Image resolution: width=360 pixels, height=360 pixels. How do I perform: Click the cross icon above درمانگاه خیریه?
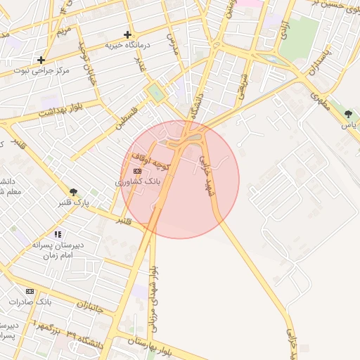pyautogui.click(x=127, y=34)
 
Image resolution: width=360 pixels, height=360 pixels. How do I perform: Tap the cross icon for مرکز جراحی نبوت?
pyautogui.click(x=41, y=60)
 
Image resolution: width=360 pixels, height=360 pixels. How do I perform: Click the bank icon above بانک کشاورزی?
pyautogui.click(x=136, y=171)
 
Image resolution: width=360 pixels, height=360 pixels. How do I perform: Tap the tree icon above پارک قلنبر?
pyautogui.click(x=73, y=191)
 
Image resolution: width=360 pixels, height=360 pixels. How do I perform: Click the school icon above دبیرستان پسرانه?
pyautogui.click(x=58, y=234)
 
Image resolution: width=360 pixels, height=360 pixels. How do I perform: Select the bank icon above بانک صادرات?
pyautogui.click(x=30, y=291)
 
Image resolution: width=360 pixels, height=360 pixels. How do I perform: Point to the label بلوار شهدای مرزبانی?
pyautogui.click(x=153, y=300)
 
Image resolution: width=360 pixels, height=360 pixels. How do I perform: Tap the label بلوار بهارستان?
pyautogui.click(x=151, y=344)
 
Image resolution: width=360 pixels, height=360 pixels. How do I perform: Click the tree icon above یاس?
pyautogui.click(x=348, y=114)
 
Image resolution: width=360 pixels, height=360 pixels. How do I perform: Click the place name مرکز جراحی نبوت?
pyautogui.click(x=41, y=72)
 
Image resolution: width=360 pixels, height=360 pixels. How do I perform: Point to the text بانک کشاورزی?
pyautogui.click(x=138, y=181)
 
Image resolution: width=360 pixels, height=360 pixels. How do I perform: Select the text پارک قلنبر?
pyautogui.click(x=73, y=203)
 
